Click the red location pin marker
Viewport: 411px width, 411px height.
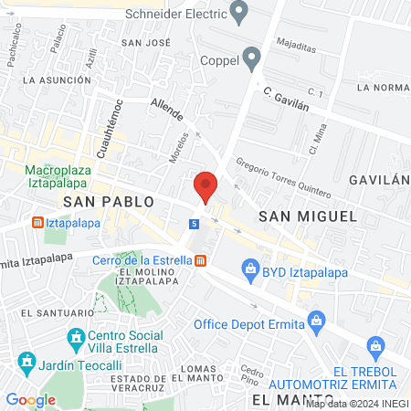tap(205, 186)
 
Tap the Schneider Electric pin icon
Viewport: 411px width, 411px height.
tap(240, 14)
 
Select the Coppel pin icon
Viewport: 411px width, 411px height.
tap(251, 61)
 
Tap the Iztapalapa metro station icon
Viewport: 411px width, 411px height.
tap(37, 222)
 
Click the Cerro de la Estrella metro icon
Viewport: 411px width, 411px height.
tap(200, 261)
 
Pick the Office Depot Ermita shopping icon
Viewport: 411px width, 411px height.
tap(316, 321)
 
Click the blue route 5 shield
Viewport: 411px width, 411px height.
tap(195, 224)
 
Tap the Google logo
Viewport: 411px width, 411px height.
tap(30, 399)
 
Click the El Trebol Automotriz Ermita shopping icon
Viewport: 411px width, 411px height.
tap(374, 346)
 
